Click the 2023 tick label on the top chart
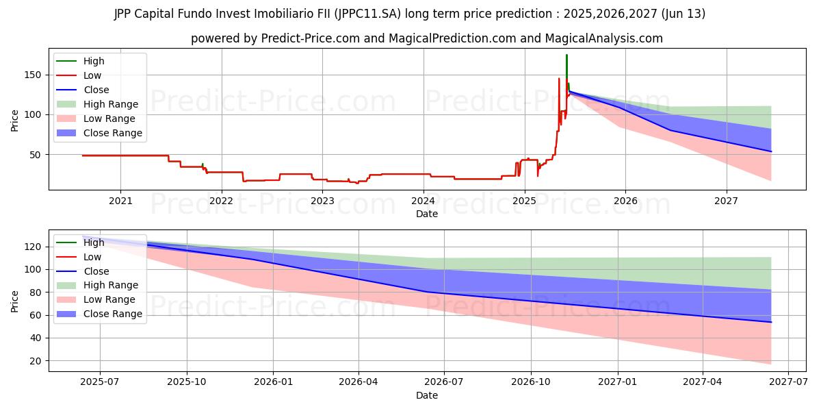pyautogui.click(x=322, y=201)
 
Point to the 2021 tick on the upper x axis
pyautogui.click(x=120, y=201)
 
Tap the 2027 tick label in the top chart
pyautogui.click(x=726, y=201)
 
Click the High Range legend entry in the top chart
pyautogui.click(x=111, y=104)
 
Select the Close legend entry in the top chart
pyautogui.click(x=96, y=90)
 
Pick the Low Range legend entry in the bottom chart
pyautogui.click(x=109, y=299)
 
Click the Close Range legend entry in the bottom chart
pyautogui.click(x=112, y=314)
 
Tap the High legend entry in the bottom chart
pyautogui.click(x=94, y=242)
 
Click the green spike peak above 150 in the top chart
pyautogui.click(x=566, y=55)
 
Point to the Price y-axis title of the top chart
pyautogui.click(x=15, y=121)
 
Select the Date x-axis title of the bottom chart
pyautogui.click(x=426, y=395)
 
